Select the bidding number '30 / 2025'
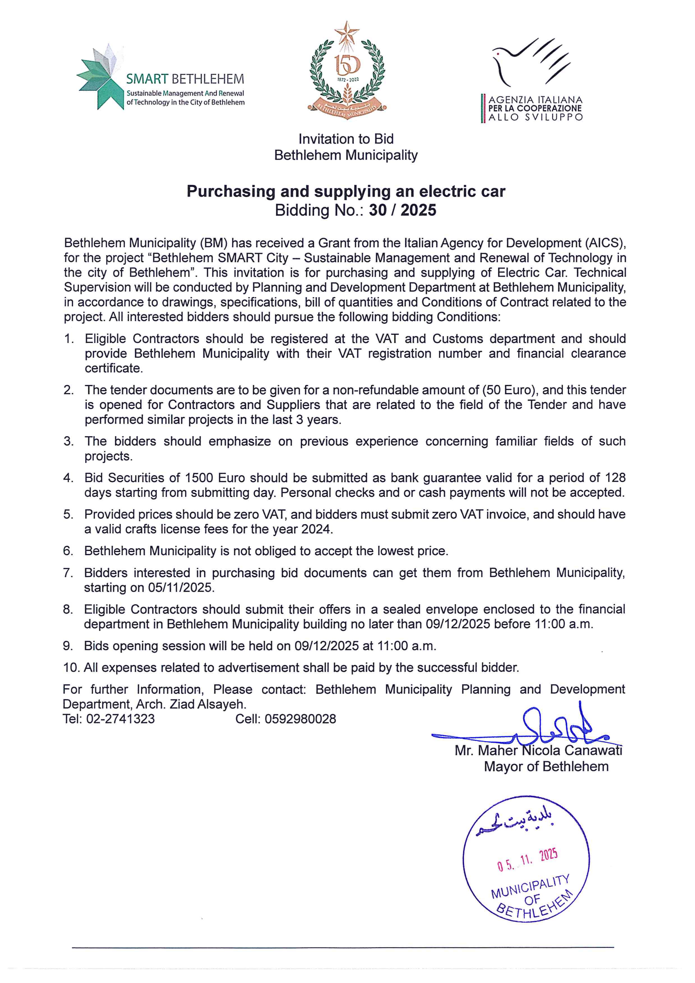(x=402, y=210)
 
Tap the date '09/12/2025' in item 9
(x=326, y=646)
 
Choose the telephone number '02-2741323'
(x=120, y=719)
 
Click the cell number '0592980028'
(x=300, y=719)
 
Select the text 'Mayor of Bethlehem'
(x=546, y=766)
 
